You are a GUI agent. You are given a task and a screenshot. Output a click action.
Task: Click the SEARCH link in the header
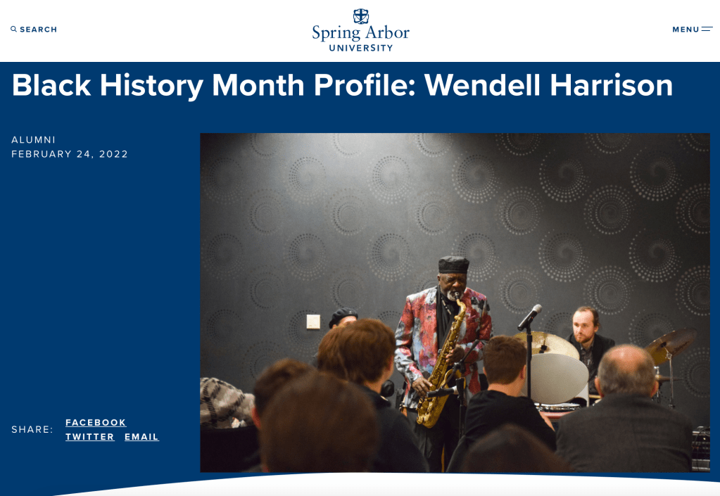coord(34,30)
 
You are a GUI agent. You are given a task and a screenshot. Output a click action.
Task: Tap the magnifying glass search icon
coord(14,29)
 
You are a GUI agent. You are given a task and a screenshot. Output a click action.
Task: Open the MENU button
coord(693,30)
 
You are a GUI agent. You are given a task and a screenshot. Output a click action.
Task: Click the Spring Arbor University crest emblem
coord(361,16)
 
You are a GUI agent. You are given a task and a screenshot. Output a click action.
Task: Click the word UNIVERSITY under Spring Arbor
coord(361,48)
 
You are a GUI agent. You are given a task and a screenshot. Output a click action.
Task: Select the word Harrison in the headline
coord(611,85)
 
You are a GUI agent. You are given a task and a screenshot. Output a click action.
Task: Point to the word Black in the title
coord(51,85)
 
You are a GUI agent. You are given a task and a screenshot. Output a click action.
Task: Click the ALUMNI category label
coord(34,139)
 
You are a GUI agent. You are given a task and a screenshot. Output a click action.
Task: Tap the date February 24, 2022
coord(70,154)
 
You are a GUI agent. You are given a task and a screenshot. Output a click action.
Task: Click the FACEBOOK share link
coord(96,423)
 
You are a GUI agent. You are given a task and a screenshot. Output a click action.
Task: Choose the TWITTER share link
coord(89,437)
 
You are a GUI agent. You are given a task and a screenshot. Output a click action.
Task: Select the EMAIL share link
coord(141,437)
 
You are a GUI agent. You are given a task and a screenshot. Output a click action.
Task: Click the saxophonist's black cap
coord(454,265)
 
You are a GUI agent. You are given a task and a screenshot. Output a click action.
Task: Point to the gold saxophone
coord(441,367)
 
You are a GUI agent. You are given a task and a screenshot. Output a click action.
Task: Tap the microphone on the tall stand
coord(530,317)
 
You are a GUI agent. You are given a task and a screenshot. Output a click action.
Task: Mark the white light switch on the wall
coord(313,322)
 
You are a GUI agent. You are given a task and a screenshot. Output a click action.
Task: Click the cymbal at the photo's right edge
coord(670,345)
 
